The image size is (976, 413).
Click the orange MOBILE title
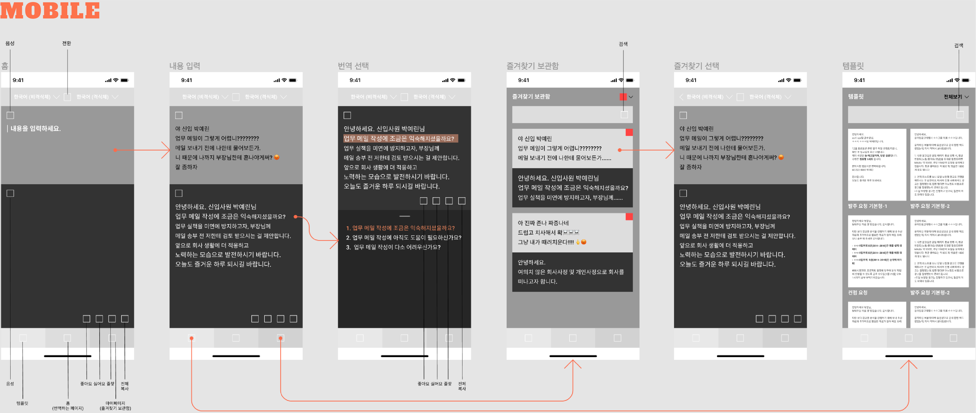point(50,11)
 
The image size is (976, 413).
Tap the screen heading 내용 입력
point(185,66)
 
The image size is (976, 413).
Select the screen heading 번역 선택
point(353,66)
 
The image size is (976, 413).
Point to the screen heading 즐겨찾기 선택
point(696,66)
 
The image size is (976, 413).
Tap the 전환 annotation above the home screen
point(67,43)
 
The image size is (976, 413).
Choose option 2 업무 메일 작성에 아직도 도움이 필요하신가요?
point(403,237)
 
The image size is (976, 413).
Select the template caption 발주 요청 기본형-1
point(867,206)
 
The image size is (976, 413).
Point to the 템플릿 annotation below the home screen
point(22,403)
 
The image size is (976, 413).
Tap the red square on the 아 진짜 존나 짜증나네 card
point(629,217)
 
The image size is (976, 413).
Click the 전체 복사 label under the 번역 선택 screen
point(462,386)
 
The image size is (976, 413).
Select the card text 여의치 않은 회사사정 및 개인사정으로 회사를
point(571,272)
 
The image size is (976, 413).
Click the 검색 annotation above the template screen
point(959,45)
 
